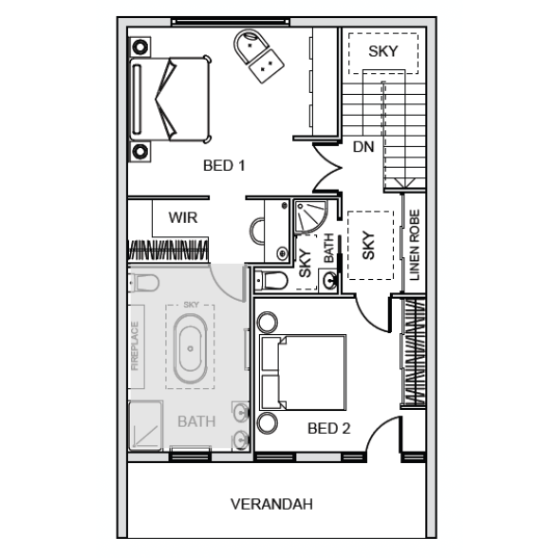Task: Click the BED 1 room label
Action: coord(224,165)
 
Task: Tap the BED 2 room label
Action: coord(328,428)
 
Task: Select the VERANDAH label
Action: coord(271,504)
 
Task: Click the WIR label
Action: coord(182,217)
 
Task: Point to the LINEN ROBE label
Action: coord(414,245)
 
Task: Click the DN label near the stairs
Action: coord(363,146)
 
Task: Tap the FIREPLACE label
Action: coord(135,345)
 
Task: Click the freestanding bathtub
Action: coord(191,349)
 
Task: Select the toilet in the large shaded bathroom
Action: coord(144,283)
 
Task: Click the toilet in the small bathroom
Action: coord(271,281)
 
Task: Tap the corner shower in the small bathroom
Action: coord(310,217)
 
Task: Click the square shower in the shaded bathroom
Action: coord(145,426)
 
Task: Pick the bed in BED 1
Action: coord(170,99)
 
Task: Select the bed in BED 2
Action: coord(303,372)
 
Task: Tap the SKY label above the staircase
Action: coord(383,51)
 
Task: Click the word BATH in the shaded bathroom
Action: coord(196,421)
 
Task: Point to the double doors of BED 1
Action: coord(327,168)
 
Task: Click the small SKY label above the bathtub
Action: coord(191,305)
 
